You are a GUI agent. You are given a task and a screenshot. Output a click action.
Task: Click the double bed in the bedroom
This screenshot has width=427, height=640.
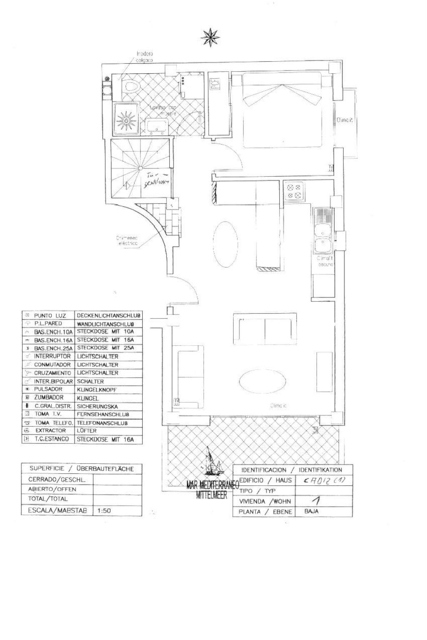coord(283,110)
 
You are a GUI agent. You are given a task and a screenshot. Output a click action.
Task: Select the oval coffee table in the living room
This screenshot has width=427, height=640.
coord(263,380)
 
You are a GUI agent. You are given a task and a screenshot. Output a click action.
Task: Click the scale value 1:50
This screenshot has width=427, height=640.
coord(104,510)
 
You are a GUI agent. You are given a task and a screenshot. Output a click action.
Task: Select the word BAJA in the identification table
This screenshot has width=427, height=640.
coord(311,511)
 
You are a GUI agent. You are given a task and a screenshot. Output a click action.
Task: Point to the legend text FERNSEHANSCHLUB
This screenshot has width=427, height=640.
coord(103,414)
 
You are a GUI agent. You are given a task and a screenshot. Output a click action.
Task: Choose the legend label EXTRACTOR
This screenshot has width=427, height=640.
coord(50,430)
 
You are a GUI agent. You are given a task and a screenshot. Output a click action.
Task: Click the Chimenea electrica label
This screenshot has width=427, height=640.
coord(127,241)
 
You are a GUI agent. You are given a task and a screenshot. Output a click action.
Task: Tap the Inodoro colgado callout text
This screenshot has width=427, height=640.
coord(145,57)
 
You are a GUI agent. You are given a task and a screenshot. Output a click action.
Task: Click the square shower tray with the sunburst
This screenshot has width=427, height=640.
coord(127,119)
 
